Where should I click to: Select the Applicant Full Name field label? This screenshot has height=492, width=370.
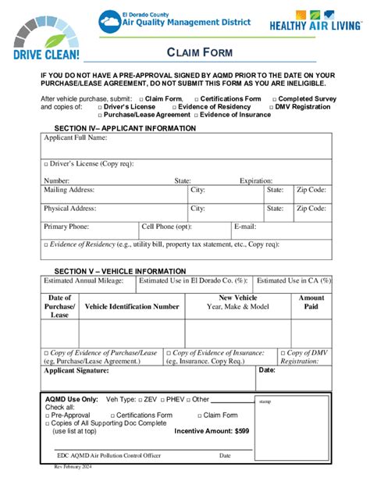pyautogui.click(x=76, y=137)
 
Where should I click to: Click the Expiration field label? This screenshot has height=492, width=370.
pyautogui.click(x=256, y=180)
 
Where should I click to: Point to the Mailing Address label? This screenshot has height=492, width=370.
pyautogui.click(x=69, y=190)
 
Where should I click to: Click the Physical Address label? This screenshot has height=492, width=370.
pyautogui.click(x=70, y=209)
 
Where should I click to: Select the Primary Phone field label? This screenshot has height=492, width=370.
pyautogui.click(x=66, y=226)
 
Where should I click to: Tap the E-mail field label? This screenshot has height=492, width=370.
pyautogui.click(x=245, y=226)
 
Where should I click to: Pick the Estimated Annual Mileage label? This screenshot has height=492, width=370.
pyautogui.click(x=84, y=280)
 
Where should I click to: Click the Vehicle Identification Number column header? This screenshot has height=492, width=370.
pyautogui.click(x=132, y=307)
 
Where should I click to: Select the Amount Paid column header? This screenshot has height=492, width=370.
pyautogui.click(x=311, y=302)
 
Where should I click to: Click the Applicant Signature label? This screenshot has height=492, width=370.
pyautogui.click(x=76, y=370)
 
